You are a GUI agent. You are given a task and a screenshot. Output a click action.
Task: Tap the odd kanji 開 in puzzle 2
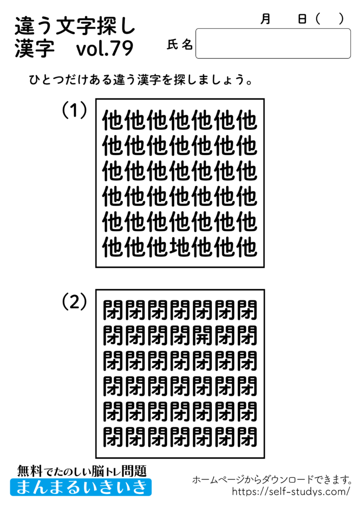click(x=202, y=336)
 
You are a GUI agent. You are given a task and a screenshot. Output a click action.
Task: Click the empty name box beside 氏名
click(x=273, y=44)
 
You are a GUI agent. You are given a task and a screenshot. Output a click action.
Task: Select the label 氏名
click(x=180, y=45)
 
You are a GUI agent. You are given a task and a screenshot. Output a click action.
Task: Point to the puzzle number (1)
click(x=75, y=110)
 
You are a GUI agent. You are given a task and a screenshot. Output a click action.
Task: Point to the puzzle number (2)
click(x=75, y=301)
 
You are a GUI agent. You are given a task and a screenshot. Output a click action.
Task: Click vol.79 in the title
click(x=105, y=49)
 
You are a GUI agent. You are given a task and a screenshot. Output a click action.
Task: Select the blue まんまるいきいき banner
click(x=81, y=487)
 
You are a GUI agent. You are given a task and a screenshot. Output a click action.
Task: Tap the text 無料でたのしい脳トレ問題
click(x=82, y=470)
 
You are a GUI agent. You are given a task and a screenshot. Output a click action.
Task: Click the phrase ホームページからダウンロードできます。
click(x=272, y=480)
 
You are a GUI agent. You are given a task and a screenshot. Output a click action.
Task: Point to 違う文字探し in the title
click(x=75, y=25)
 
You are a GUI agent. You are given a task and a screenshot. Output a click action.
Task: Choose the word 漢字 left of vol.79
click(x=34, y=49)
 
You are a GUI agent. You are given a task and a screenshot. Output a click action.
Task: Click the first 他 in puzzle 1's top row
click(x=113, y=121)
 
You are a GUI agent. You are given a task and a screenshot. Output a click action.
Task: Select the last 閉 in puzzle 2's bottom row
click(x=247, y=437)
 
